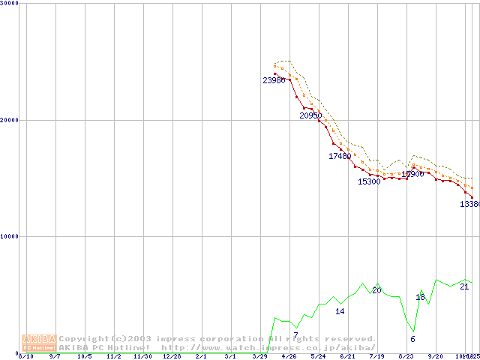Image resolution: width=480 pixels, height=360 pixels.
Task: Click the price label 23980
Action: click(274, 80)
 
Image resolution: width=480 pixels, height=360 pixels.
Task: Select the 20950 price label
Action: click(310, 115)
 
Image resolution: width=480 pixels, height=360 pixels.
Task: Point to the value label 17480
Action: click(340, 156)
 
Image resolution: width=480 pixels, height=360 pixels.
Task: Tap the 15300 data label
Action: click(369, 181)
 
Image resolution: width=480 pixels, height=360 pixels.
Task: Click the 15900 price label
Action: click(412, 174)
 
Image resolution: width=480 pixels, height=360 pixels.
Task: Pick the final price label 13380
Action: click(469, 204)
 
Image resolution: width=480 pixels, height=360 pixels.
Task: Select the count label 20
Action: click(377, 289)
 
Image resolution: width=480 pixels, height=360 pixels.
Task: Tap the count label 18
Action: click(420, 298)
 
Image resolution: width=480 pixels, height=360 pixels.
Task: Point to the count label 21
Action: click(464, 286)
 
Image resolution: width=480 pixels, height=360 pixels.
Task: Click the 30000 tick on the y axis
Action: click(10, 3)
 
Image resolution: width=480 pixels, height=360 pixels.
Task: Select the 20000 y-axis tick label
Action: click(10, 120)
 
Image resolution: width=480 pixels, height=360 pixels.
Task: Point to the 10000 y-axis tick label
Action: click(10, 236)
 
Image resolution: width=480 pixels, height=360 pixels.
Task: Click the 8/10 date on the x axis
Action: click(25, 356)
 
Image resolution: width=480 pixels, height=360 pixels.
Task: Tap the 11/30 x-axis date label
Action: click(142, 356)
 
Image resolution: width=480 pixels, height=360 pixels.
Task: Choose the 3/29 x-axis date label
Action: click(259, 356)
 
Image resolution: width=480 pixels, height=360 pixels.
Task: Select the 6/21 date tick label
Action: click(347, 356)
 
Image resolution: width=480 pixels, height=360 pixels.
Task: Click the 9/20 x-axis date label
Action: click(435, 356)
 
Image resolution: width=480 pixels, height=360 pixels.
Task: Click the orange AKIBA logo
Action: click(40, 343)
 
